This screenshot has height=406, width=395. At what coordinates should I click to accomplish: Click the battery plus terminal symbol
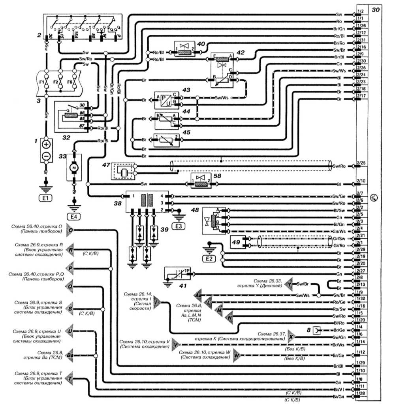(46, 144)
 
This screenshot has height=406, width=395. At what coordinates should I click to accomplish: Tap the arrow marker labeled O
(70, 230)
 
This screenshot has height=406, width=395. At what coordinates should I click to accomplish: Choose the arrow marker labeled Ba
(70, 355)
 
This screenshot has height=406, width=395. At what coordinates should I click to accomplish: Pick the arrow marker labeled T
(70, 379)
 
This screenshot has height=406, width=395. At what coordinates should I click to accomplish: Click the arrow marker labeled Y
(290, 284)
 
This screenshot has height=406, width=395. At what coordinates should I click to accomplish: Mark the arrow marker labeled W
(237, 355)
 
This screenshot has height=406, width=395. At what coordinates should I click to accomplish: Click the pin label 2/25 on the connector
(360, 163)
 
